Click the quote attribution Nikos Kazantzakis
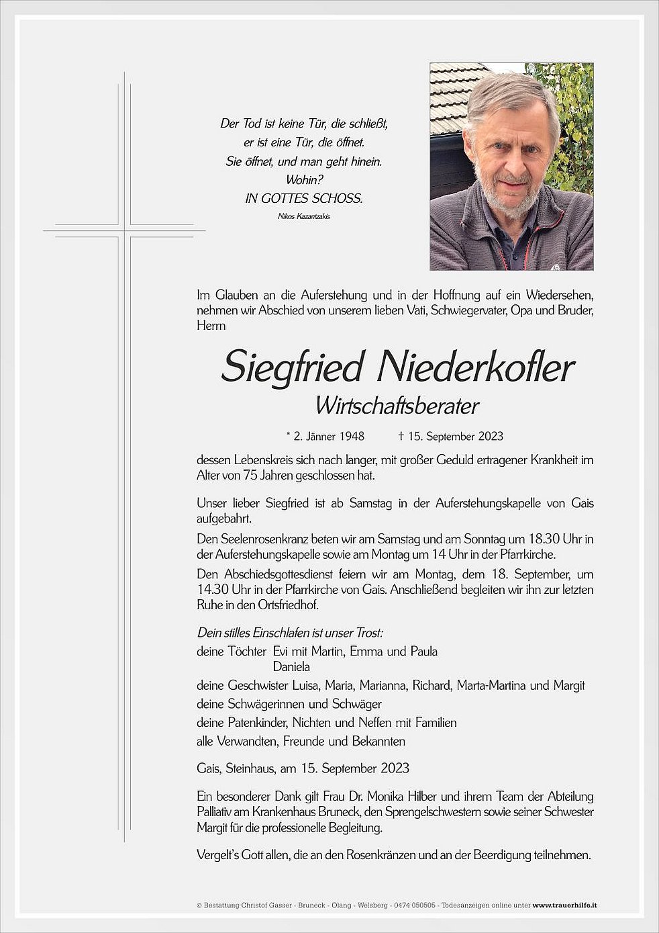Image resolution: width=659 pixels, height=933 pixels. (x=294, y=216)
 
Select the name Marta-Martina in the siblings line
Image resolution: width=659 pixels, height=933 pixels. (x=492, y=686)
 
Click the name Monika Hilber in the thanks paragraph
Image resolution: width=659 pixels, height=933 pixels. (x=401, y=797)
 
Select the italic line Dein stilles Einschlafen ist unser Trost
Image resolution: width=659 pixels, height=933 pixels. (x=290, y=633)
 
